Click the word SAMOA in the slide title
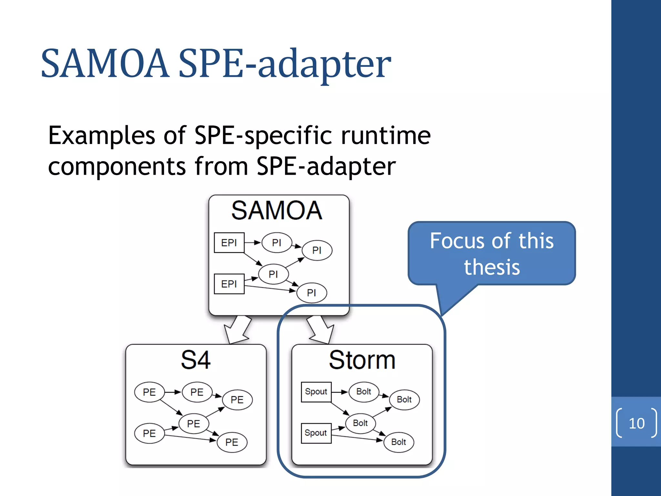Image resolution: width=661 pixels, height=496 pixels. [x=105, y=63]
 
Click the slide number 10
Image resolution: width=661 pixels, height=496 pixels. [x=636, y=423]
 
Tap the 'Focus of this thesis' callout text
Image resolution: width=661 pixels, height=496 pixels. [x=492, y=254]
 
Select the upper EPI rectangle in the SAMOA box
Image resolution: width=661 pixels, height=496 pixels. [x=229, y=243]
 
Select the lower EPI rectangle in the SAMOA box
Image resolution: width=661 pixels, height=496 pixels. [x=229, y=284]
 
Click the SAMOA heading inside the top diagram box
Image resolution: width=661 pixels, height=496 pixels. [x=277, y=211]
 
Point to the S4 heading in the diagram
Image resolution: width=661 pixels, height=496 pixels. [x=196, y=360]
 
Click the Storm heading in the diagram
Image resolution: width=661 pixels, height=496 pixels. [x=362, y=360]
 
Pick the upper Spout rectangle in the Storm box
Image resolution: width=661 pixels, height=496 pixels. [x=316, y=392]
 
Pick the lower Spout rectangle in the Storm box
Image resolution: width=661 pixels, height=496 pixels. [x=316, y=433]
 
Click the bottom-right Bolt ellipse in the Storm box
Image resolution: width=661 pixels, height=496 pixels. [x=399, y=442]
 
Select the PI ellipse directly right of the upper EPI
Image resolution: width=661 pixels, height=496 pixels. [x=277, y=243]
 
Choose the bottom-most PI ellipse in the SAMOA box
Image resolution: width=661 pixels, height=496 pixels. [x=311, y=293]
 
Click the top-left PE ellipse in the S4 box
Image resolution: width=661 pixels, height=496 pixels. [x=149, y=392]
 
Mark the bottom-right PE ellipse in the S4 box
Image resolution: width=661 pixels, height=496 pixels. [x=232, y=442]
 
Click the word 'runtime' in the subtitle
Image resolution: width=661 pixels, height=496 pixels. [x=386, y=136]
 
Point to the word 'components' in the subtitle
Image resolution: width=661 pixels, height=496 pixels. [x=117, y=167]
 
